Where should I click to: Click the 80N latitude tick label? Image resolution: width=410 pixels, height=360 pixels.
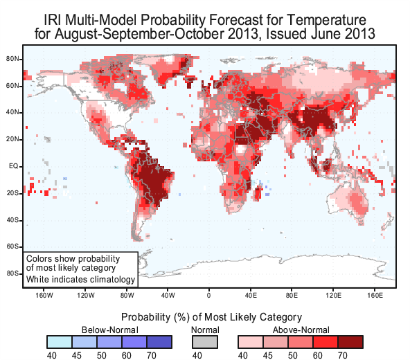tap(12, 59)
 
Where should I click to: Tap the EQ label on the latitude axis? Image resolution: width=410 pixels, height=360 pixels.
tap(14, 167)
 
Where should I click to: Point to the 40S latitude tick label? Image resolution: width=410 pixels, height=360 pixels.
tap(12, 220)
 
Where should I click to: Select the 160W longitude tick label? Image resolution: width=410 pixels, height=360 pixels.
tap(44, 296)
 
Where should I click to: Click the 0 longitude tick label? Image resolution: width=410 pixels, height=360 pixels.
tap(208, 296)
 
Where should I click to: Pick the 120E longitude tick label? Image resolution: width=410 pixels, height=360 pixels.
tap(333, 296)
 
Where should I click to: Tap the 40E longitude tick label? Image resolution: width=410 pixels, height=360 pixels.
tap(251, 296)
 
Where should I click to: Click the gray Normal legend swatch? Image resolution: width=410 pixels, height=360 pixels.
tap(205, 342)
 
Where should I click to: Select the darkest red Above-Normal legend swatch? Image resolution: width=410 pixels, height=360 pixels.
tap(350, 342)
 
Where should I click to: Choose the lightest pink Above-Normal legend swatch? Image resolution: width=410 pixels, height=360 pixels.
tap(251, 342)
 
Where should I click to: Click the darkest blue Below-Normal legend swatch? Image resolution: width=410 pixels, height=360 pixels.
tap(159, 342)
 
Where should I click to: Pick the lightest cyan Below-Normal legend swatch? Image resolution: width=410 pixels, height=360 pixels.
tap(60, 342)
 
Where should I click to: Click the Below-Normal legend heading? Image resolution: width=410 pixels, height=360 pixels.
tap(110, 330)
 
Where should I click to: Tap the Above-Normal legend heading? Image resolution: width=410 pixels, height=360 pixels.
tap(301, 330)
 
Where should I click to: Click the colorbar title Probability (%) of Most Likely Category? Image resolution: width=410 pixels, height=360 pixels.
tap(211, 317)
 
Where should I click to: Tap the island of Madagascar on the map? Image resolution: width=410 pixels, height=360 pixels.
tap(258, 193)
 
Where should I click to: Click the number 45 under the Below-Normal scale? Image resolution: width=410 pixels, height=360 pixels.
tap(77, 356)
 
